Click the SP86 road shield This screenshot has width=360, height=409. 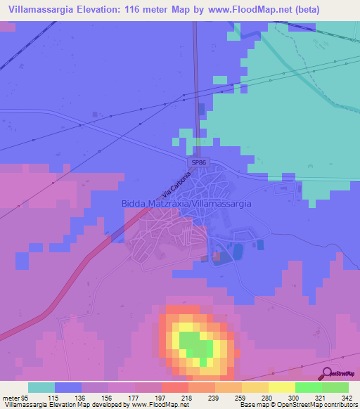click(199, 163)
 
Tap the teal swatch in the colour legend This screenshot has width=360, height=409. click(41, 387)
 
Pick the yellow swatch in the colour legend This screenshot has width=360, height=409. click(281, 387)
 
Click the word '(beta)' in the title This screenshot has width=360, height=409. click(305, 10)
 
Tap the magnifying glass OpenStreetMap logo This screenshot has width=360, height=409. click(328, 373)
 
